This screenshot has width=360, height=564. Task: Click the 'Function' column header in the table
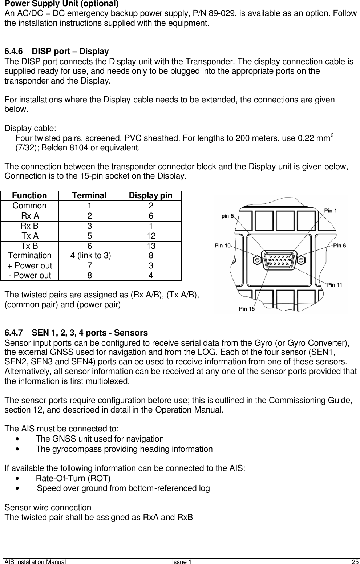(29, 196)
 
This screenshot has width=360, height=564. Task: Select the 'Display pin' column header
(150, 196)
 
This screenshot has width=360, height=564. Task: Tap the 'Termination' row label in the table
(30, 256)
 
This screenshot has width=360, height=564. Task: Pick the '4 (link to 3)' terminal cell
(89, 256)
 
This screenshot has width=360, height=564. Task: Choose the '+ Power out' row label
(30, 265)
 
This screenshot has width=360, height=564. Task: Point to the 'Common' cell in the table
(29, 206)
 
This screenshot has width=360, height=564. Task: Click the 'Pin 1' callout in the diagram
(330, 210)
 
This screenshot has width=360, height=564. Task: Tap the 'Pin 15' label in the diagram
(247, 309)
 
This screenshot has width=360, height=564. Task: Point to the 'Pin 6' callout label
(339, 245)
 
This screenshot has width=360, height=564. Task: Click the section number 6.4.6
(15, 51)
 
